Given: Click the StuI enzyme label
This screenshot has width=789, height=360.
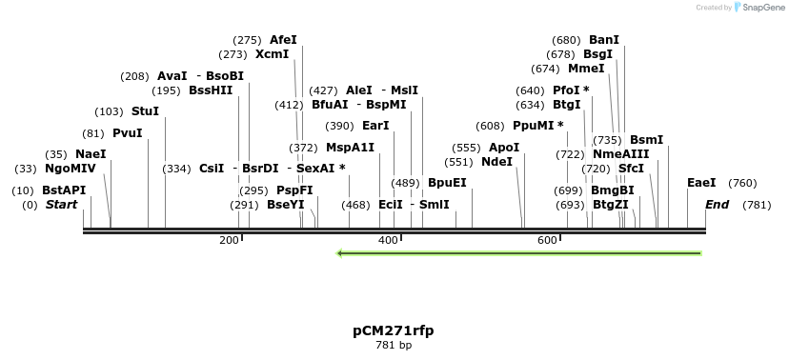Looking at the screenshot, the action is tap(146, 111).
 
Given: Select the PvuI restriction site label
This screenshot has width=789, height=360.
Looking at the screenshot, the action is tap(127, 133).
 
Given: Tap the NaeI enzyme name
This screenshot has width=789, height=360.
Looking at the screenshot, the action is tap(91, 154).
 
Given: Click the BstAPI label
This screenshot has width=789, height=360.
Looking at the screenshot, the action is tap(64, 190).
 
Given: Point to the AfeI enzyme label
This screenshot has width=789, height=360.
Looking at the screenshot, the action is tap(283, 40).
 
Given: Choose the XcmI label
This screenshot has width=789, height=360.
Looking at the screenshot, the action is tap(272, 54).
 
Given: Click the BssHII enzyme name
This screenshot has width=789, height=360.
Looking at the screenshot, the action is tap(211, 90).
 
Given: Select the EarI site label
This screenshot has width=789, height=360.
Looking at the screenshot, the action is tap(375, 126).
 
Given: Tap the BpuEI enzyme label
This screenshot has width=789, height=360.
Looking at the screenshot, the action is tap(447, 183).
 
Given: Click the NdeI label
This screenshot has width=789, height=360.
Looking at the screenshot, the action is tap(496, 162).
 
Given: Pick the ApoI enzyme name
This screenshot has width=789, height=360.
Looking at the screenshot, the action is tap(504, 148).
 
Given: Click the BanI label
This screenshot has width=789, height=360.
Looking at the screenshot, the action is tap(604, 40).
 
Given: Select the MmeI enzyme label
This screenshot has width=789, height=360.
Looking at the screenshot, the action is tap(586, 69).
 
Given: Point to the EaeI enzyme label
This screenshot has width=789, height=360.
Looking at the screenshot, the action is tap(701, 183).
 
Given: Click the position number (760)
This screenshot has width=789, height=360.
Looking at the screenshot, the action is tap(742, 183).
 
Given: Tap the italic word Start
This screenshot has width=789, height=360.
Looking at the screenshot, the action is tap(61, 205).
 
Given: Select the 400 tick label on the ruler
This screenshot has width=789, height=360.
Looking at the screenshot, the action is tap(388, 240).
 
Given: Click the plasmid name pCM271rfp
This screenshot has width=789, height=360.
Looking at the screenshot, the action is tap(393, 330).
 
